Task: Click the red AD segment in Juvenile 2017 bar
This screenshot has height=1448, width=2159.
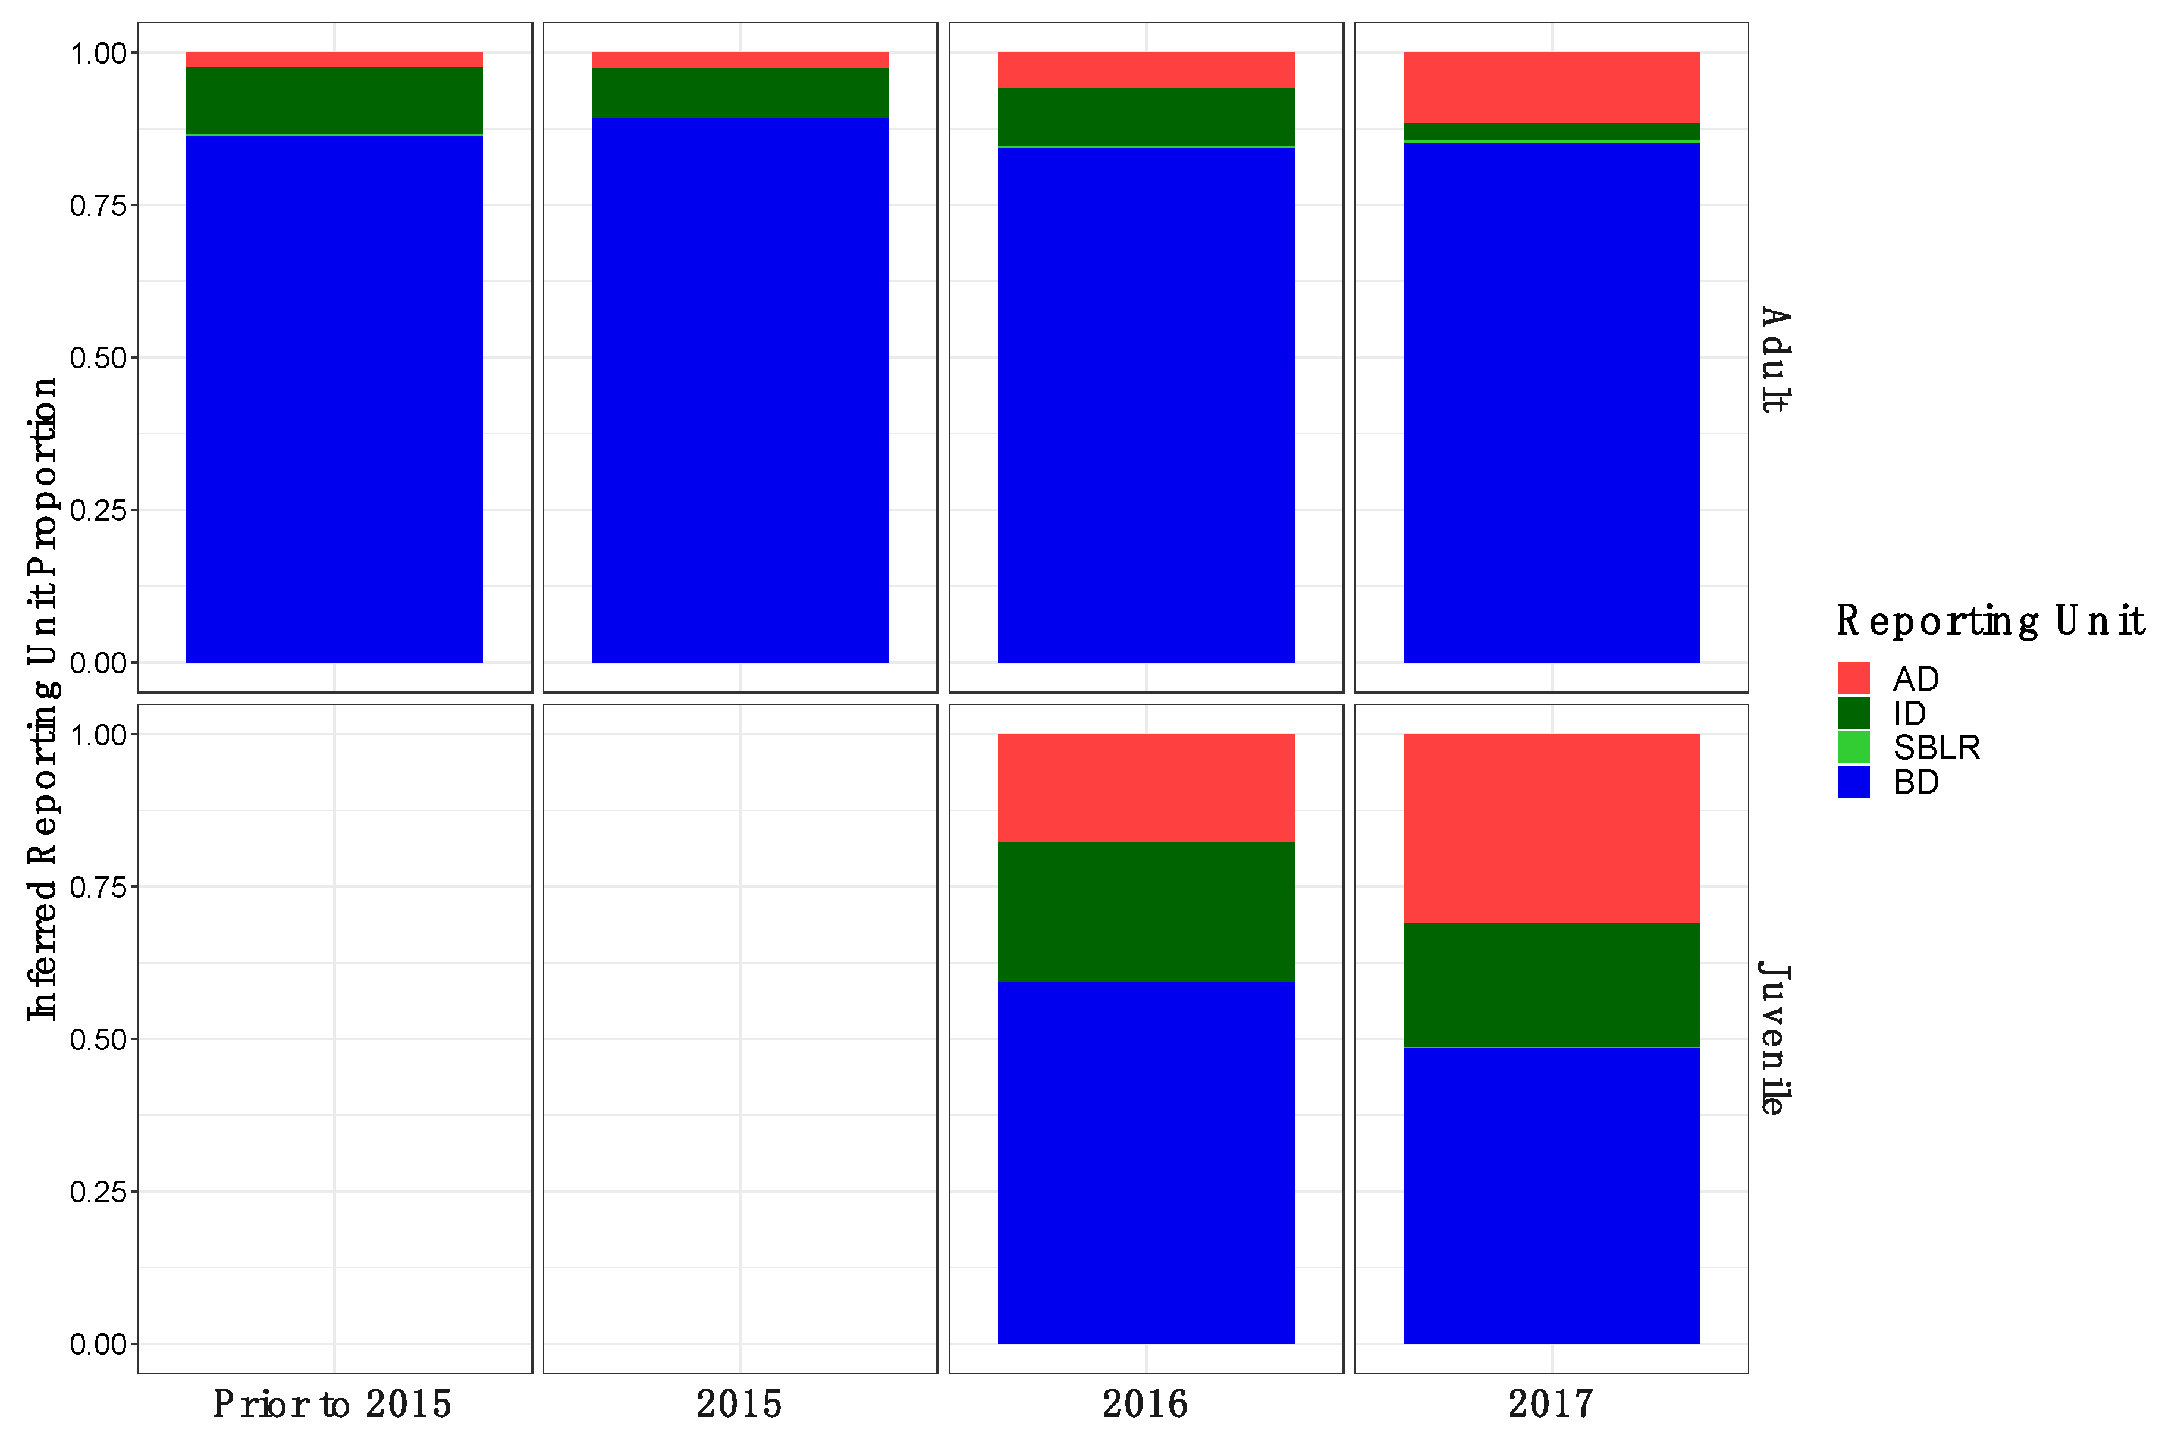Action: (x=1551, y=828)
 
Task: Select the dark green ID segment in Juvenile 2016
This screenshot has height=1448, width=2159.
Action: (x=1146, y=911)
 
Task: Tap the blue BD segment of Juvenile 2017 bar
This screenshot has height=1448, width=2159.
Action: (x=1551, y=1195)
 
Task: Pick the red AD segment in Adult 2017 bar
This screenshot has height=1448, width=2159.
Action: (x=1551, y=87)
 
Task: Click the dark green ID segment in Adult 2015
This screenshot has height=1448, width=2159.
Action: (x=739, y=92)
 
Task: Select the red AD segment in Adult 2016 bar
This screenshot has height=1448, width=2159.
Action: (x=1146, y=70)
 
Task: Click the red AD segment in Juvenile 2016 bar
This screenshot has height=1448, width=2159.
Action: (x=1146, y=788)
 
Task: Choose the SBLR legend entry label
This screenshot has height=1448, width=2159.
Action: (x=1935, y=747)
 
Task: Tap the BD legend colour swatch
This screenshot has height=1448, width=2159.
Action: (x=1853, y=781)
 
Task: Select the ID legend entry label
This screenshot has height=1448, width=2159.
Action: (x=1909, y=713)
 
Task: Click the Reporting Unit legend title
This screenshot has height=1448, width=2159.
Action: (x=1989, y=620)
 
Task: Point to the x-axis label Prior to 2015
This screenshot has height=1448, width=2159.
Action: (x=332, y=1403)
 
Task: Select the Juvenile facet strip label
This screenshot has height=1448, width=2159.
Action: (x=1774, y=1038)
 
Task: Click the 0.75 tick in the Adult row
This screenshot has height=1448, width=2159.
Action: (x=98, y=205)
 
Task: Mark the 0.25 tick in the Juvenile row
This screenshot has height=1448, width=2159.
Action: (x=98, y=1191)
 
